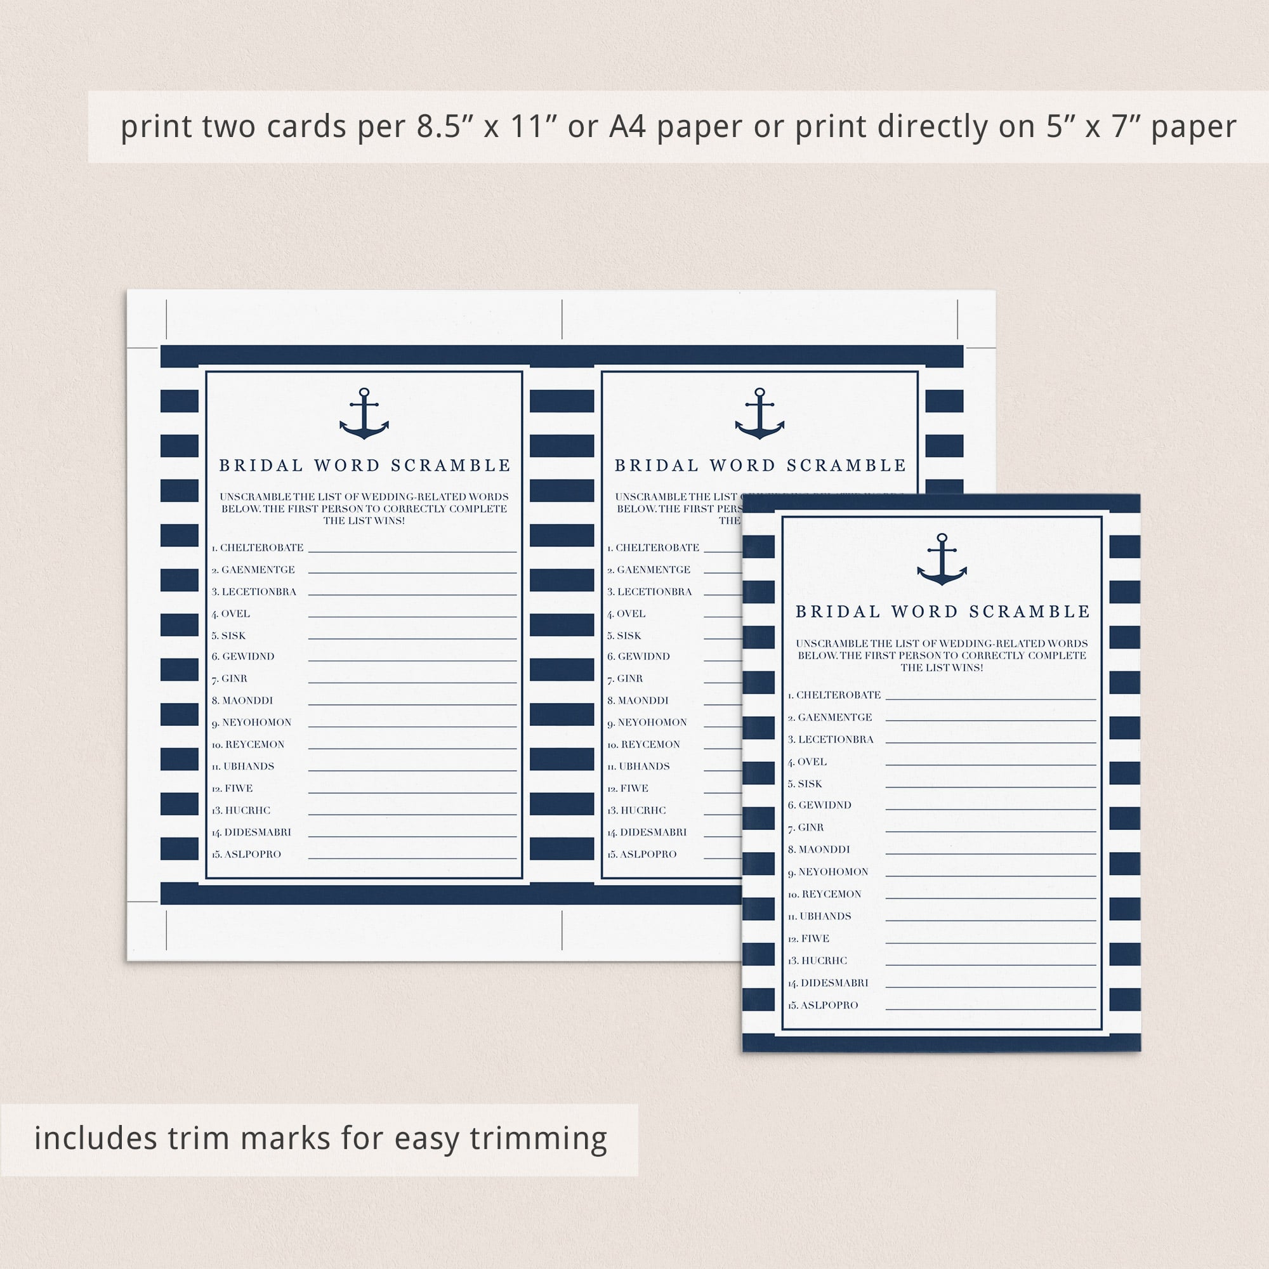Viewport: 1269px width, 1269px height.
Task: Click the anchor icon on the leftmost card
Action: click(364, 413)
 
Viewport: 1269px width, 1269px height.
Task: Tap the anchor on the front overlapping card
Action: click(942, 559)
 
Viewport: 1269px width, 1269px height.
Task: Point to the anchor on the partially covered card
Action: click(759, 413)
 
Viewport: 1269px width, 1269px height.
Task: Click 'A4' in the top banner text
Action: click(628, 127)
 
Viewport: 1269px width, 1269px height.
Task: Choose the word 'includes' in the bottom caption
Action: click(96, 1138)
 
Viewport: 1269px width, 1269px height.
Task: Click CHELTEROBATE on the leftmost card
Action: click(261, 548)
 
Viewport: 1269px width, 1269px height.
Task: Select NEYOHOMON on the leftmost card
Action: click(256, 723)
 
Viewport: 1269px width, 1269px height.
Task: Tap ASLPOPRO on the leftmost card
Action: click(253, 855)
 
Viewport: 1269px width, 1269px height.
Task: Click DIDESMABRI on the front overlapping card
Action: click(834, 983)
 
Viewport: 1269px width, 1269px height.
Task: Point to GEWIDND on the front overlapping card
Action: click(824, 805)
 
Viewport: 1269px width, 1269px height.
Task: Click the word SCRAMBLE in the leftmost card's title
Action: click(450, 466)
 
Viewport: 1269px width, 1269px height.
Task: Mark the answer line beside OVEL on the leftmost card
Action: click(412, 617)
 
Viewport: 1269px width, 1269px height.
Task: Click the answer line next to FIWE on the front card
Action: click(990, 944)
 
